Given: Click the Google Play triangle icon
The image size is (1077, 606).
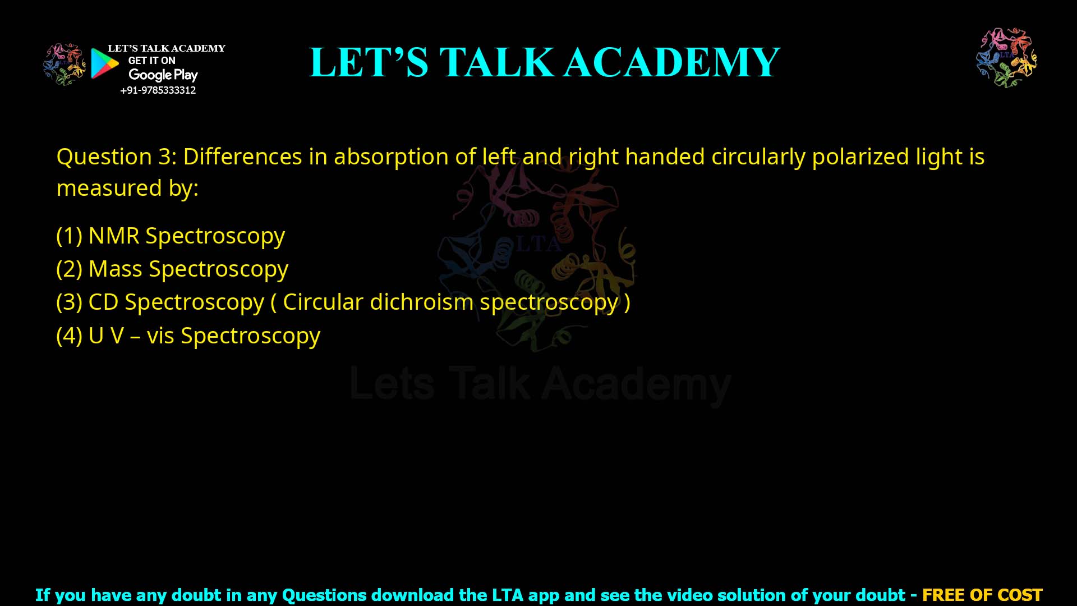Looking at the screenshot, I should pos(104,63).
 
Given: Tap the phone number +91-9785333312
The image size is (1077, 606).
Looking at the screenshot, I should pos(158,90).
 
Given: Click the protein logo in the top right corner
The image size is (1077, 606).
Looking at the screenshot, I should pos(1006,58).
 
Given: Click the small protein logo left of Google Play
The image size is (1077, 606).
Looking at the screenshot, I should pos(64,64).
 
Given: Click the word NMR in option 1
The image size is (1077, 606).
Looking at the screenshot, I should pos(114,236).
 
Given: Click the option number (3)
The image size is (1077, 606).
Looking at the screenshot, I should pos(70,302).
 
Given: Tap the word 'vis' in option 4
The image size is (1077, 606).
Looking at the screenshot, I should pos(160,336).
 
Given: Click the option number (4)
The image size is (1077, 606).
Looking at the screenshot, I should pos(70,336).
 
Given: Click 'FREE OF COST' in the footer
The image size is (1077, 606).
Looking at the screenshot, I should pos(982,595).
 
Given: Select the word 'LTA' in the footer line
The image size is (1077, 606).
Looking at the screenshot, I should pos(508,595).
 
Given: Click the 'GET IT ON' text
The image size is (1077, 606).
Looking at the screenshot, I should pos(151,61).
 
